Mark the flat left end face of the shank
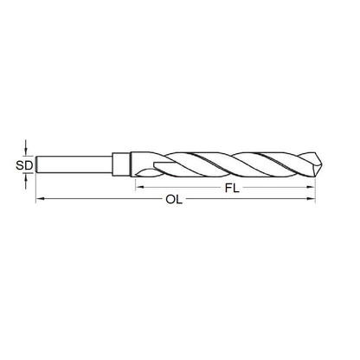pyautogui.click(x=36, y=162)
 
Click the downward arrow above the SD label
pyautogui.click(x=27, y=146)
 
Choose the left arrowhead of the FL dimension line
pyautogui.click(x=138, y=186)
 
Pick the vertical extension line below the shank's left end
pyautogui.click(x=35, y=190)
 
